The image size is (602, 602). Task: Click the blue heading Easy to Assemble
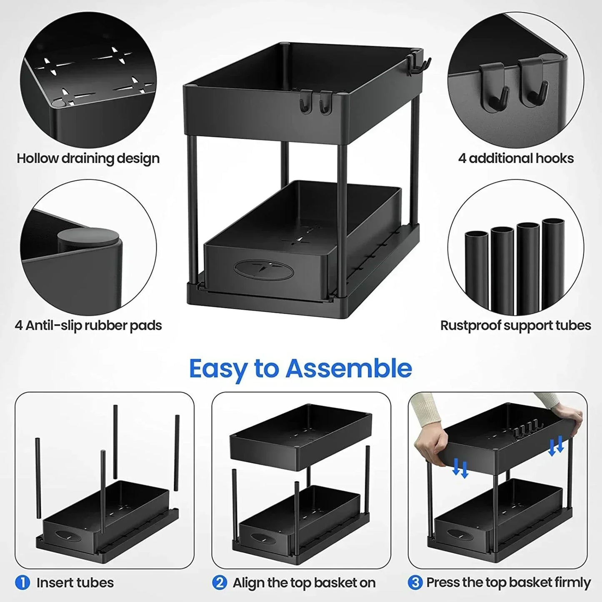(300, 369)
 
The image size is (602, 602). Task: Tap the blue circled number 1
(22, 582)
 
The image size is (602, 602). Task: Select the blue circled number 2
(219, 582)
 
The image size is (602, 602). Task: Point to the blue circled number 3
(415, 582)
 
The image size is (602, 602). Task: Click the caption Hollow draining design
(88, 158)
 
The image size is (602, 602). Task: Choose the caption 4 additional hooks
(516, 158)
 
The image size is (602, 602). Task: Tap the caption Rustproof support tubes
(516, 325)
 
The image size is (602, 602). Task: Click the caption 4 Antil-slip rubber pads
(88, 325)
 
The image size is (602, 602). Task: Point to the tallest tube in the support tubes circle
(553, 262)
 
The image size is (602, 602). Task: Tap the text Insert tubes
(75, 582)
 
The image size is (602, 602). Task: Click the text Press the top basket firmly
(508, 582)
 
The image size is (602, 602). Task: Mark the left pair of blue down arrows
(461, 468)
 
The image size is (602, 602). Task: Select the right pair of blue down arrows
(556, 445)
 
